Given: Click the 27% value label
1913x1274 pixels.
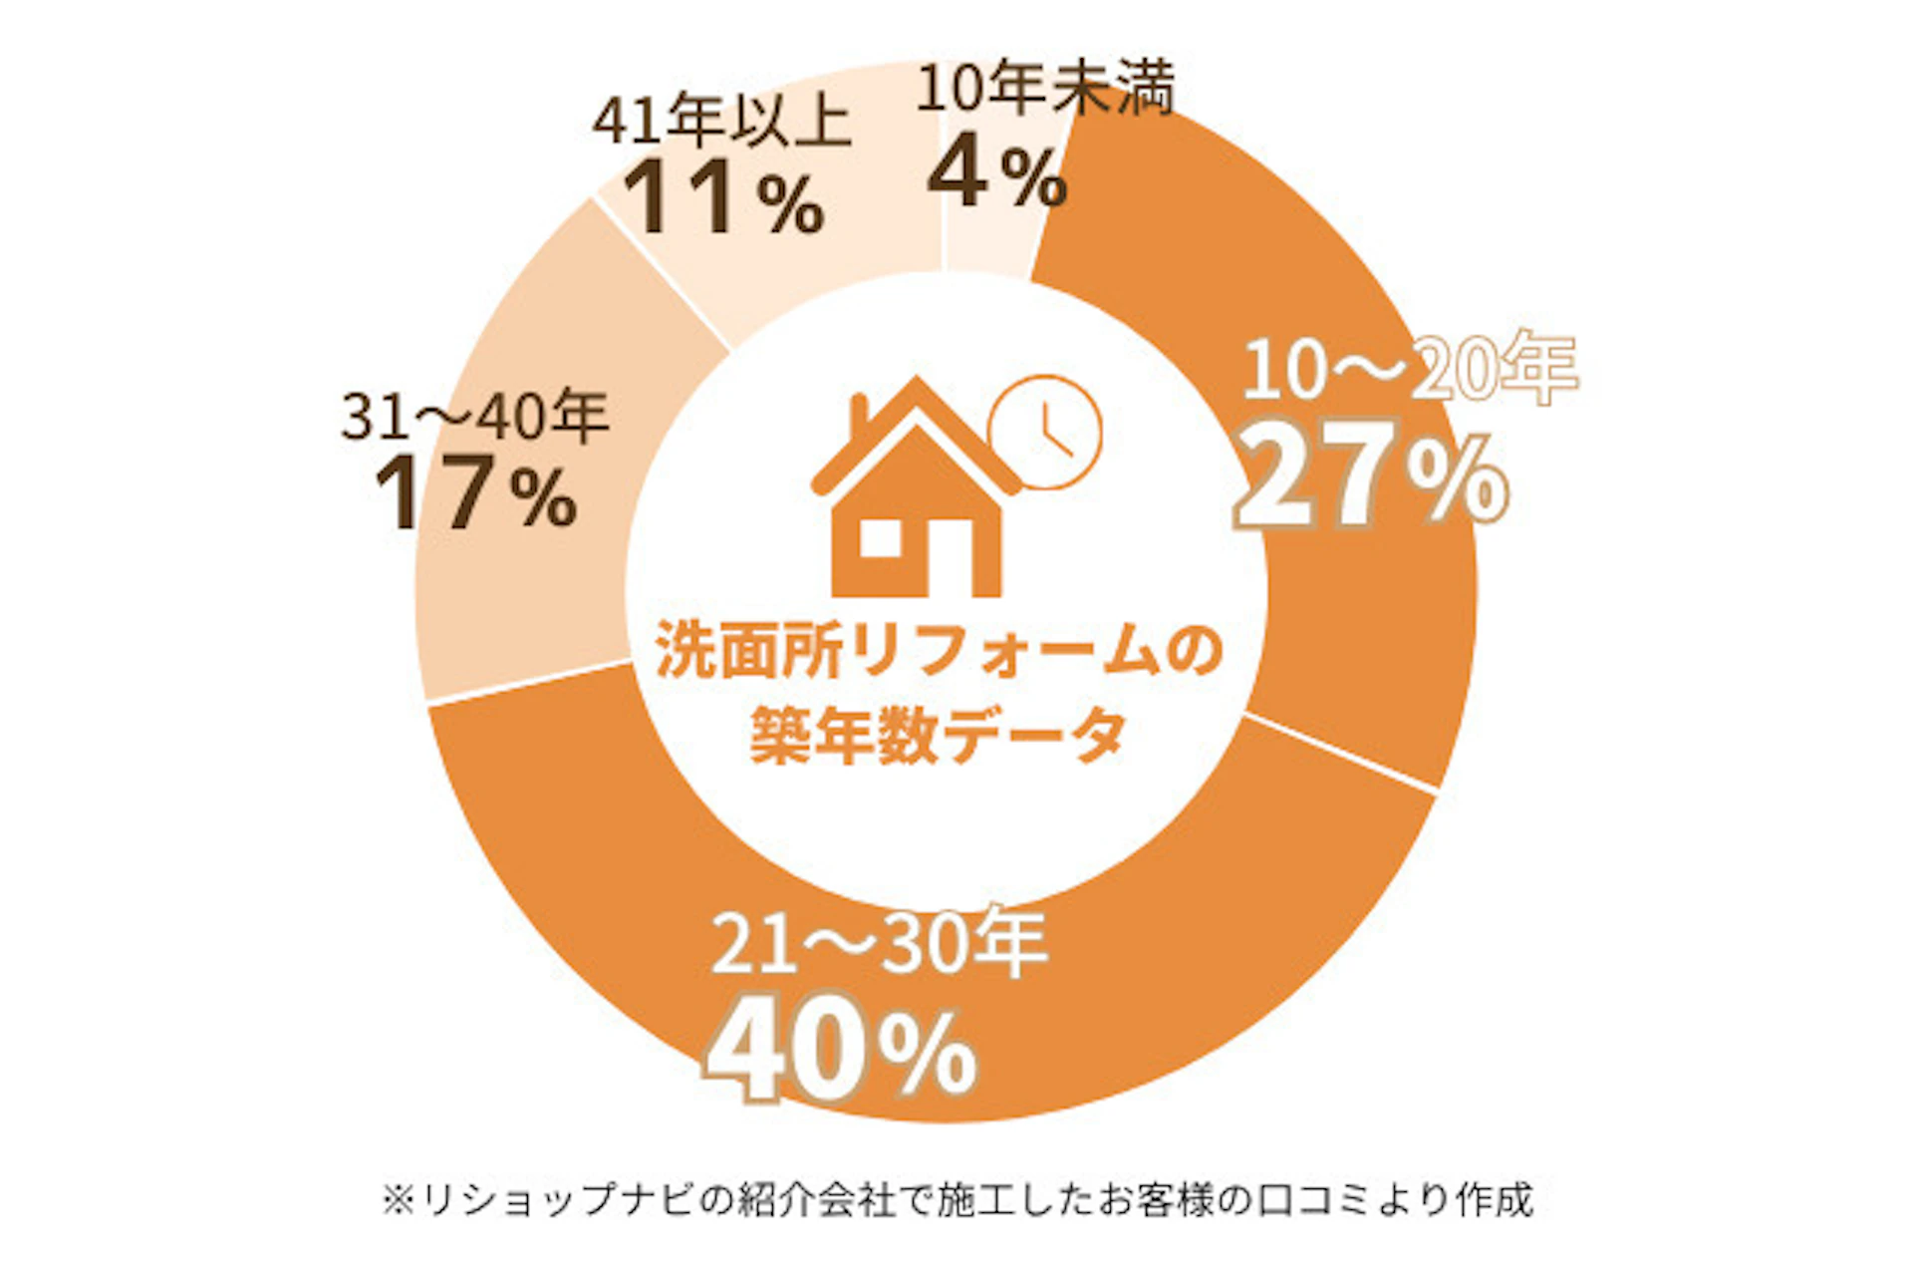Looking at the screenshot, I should tap(1371, 482).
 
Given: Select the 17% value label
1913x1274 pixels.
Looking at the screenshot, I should tap(476, 493).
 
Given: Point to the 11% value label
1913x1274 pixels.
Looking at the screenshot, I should tap(724, 196).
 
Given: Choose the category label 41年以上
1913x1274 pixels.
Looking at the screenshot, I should tap(722, 123).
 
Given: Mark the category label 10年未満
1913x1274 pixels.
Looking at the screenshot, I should tap(1044, 89).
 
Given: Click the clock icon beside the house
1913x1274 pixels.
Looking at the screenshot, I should tap(1044, 431).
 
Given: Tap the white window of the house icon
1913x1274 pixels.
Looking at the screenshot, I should tap(881, 539).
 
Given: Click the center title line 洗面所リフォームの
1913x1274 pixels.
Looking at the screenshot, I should tap(938, 653).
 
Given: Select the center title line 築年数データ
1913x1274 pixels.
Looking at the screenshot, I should tap(938, 735).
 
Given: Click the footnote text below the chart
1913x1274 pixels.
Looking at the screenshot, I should tap(956, 1199).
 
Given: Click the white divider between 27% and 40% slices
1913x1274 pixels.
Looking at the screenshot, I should tap(1341, 753).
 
